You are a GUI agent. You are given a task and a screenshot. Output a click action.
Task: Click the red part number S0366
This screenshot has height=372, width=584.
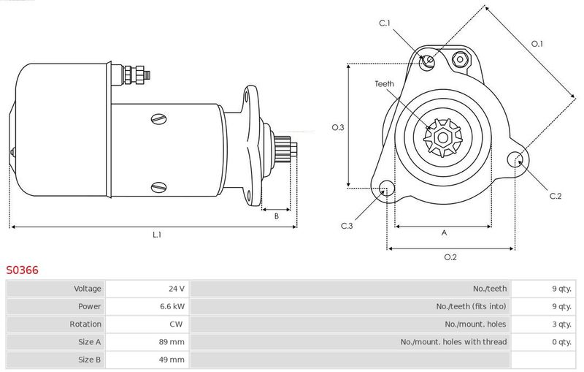click(x=22, y=270)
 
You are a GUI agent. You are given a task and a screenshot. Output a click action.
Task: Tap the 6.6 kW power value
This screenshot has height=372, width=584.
click(x=172, y=306)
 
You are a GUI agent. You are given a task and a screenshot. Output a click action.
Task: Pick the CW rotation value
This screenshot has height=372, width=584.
click(x=176, y=324)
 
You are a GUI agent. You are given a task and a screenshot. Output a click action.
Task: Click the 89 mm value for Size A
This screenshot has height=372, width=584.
click(x=172, y=342)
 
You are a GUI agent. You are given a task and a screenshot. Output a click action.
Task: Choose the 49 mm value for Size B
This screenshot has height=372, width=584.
click(x=172, y=360)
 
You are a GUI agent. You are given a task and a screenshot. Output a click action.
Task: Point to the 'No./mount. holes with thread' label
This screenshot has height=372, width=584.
click(x=453, y=342)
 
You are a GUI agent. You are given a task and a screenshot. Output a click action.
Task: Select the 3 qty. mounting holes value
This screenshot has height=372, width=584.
click(x=561, y=324)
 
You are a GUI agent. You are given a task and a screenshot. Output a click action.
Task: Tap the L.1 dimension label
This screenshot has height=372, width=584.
click(x=157, y=235)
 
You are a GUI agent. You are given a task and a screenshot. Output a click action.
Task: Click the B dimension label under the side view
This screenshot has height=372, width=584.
click(x=277, y=216)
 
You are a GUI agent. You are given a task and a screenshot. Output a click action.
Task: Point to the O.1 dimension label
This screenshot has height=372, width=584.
click(x=537, y=44)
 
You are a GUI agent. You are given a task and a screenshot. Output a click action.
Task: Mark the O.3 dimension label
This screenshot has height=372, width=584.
click(x=338, y=127)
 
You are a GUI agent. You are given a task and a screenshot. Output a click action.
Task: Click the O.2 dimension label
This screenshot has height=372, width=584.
click(x=450, y=257)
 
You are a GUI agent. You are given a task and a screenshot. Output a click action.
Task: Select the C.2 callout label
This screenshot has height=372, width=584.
click(x=556, y=196)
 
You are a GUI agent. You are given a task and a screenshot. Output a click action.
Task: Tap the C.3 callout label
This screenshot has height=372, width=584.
click(x=347, y=226)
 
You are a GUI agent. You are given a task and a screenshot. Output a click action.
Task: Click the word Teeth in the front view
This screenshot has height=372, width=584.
click(x=384, y=84)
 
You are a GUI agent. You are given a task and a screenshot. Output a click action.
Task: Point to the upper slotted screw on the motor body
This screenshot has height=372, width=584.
click(x=159, y=119)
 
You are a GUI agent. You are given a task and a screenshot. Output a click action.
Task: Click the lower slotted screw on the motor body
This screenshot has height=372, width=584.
click(x=159, y=187)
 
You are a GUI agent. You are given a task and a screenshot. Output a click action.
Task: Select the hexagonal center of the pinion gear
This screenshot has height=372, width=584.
click(x=443, y=138)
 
